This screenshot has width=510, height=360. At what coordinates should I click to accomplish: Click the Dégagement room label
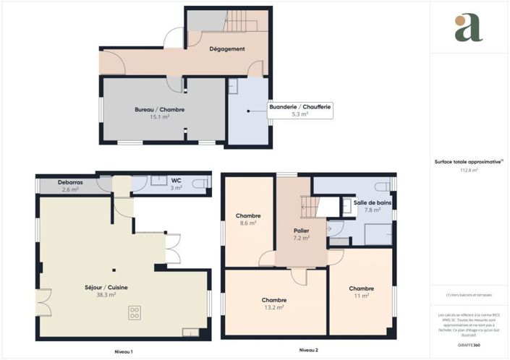tap(226, 49)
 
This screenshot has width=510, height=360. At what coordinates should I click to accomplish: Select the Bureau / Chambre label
tap(160, 109)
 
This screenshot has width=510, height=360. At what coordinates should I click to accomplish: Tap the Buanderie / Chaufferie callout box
tap(300, 110)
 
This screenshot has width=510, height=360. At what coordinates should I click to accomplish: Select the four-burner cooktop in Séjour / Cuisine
tap(135, 313)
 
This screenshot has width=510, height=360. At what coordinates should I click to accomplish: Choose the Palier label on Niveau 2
tap(301, 230)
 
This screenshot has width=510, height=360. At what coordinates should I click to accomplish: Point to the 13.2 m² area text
tap(274, 307)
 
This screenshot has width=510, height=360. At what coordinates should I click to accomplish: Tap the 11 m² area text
tap(361, 295)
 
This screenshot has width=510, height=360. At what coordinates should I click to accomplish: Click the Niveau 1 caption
tap(124, 351)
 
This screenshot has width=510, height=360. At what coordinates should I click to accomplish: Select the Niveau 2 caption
tap(309, 351)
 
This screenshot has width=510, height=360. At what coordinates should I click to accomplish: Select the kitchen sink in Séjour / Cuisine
tap(191, 332)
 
